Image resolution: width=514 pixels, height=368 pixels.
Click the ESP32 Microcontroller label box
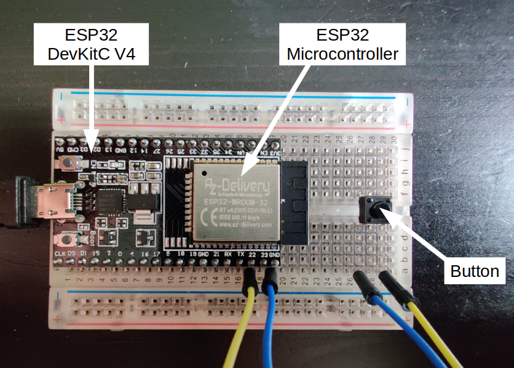tap(343, 45)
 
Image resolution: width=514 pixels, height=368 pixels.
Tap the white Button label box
tap(475, 271)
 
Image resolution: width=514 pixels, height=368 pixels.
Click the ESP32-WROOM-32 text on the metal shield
tap(236, 201)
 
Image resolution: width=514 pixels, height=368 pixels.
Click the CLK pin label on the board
tap(60, 254)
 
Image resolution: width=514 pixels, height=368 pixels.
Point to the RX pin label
tap(228, 254)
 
